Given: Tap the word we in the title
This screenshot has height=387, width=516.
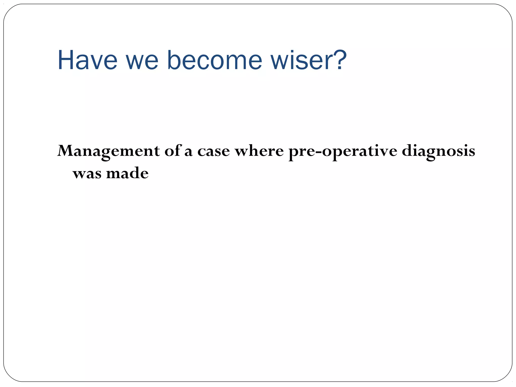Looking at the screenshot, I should click(x=142, y=60).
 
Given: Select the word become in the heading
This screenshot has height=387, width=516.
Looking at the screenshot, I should click(x=214, y=60).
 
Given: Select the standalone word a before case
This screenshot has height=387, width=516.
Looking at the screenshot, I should click(x=188, y=153).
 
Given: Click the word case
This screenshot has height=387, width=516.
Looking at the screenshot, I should click(x=213, y=152).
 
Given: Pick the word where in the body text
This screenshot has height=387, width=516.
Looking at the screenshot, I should click(x=259, y=151).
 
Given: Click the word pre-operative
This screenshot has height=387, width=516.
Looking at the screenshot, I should click(x=343, y=152).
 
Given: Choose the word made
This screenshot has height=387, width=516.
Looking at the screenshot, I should click(x=127, y=173).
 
